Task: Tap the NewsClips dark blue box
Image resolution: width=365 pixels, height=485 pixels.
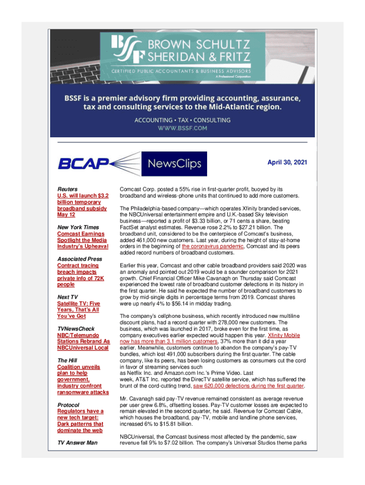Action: point(175,164)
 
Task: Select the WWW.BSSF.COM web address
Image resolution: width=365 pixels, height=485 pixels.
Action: point(182,128)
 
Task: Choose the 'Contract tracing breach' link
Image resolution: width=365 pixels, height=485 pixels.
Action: point(78,275)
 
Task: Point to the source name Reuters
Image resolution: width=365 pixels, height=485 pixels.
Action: point(67,189)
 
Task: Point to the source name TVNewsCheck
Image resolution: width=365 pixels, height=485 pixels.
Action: point(76,328)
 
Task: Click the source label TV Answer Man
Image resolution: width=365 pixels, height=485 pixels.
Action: point(78,442)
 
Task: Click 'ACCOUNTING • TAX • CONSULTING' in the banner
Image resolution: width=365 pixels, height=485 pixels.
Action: point(182,120)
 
